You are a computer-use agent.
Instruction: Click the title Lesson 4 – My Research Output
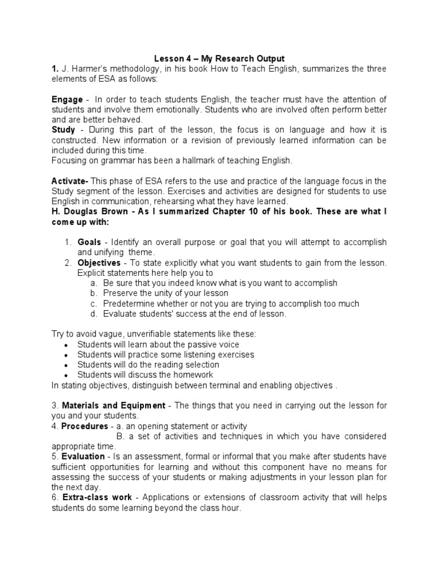219,59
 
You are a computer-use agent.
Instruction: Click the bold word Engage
67,100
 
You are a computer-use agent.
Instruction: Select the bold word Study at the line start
63,130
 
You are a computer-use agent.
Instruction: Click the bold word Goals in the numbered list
90,242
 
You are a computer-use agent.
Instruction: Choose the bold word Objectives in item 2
99,263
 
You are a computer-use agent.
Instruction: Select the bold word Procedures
85,426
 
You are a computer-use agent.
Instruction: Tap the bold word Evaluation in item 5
84,457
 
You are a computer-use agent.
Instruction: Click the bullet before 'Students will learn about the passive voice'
67,345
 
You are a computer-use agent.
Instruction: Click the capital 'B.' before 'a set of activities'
120,437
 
